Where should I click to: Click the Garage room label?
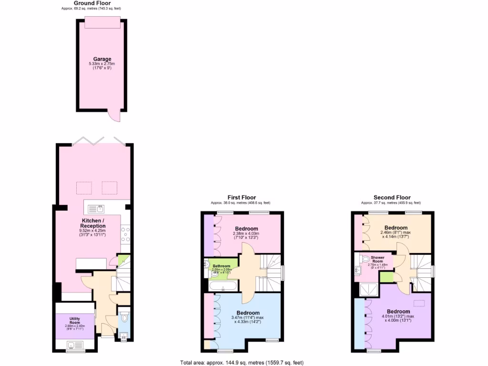click(102, 60)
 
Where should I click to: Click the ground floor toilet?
click(124, 317)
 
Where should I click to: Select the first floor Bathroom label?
click(222, 266)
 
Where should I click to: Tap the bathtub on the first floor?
click(222, 286)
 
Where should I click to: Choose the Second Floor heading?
click(392, 197)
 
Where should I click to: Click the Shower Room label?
click(377, 259)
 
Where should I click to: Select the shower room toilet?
click(366, 259)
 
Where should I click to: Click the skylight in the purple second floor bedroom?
click(420, 303)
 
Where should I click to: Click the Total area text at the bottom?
click(241, 363)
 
